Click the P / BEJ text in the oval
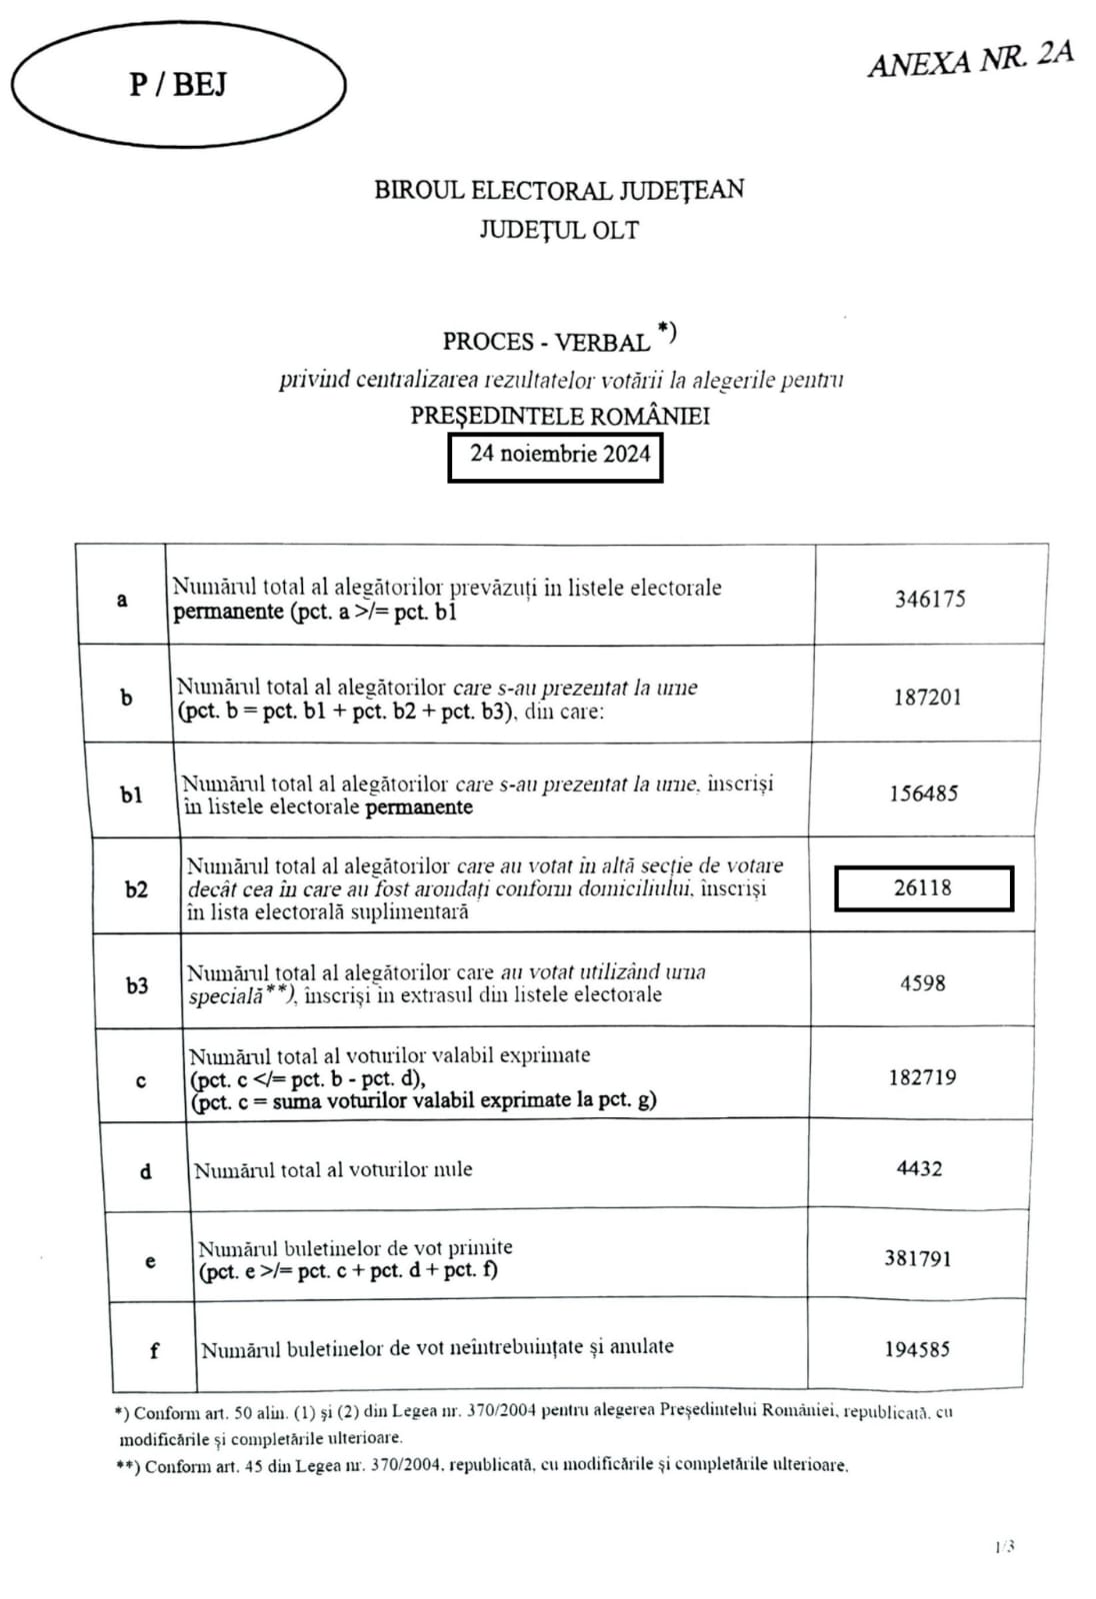[x=178, y=84]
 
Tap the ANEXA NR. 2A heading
[x=970, y=58]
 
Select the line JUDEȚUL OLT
[x=558, y=230]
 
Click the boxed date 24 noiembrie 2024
[x=559, y=454]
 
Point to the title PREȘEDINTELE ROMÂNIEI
[x=560, y=416]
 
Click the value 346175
[x=930, y=599]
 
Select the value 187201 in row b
[x=927, y=698]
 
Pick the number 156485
[x=924, y=794]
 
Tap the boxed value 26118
[x=923, y=887]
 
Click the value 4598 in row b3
[x=922, y=983]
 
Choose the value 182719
[x=922, y=1077]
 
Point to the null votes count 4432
[x=919, y=1168]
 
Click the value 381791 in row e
[x=917, y=1258]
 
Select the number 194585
[x=917, y=1349]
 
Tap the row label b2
[x=136, y=889]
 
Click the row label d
[x=146, y=1171]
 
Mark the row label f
[x=154, y=1351]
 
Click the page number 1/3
[x=1005, y=1547]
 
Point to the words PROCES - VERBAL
[x=546, y=342]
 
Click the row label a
[x=122, y=600]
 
